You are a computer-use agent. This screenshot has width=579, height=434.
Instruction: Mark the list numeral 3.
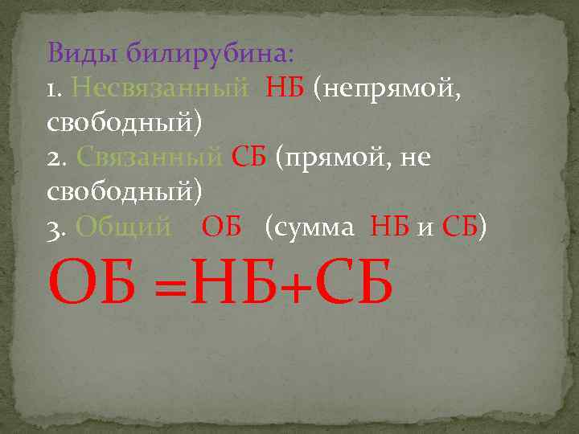point(56,227)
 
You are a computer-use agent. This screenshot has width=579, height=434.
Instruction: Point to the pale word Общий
point(123,227)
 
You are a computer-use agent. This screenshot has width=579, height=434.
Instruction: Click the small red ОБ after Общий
point(222,227)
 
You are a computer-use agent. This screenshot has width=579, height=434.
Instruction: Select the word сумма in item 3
point(314,227)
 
